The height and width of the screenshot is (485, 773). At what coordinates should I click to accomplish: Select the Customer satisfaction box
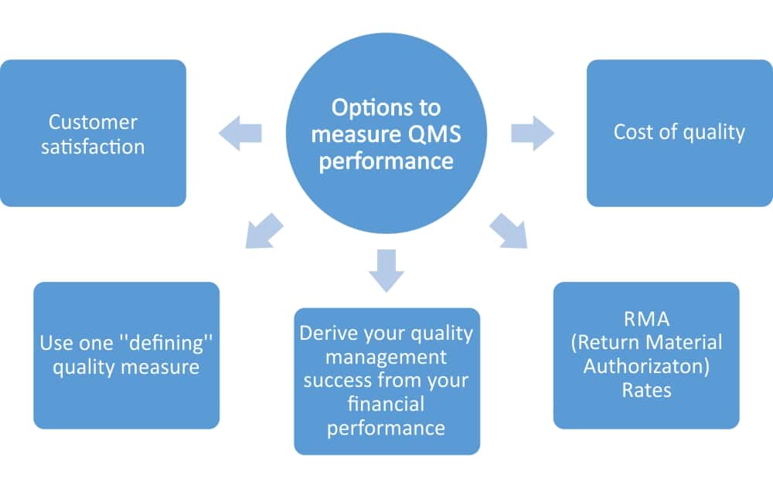coord(93,133)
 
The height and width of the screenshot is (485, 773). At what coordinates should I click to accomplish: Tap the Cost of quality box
coord(679,133)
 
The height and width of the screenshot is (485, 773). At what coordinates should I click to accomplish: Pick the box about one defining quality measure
coord(126,354)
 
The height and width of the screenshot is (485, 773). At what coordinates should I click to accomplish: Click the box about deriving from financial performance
coord(386,381)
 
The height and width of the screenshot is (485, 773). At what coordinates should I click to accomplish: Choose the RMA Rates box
coord(646,354)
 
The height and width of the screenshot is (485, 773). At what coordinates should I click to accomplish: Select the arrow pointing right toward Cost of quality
coord(533,134)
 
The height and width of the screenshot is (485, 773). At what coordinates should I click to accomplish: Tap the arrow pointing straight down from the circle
coord(386,270)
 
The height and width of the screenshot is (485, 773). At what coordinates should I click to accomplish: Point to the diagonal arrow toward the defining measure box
coord(264,232)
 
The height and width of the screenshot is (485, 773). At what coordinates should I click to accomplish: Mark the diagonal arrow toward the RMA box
coord(508,232)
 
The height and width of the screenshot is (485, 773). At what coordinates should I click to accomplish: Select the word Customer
coord(93,122)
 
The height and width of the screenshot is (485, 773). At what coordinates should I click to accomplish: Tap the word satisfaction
coord(94,147)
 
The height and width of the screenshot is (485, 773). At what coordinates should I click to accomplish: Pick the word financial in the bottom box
coord(386,404)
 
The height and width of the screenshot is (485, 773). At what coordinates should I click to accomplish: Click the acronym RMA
coord(646,318)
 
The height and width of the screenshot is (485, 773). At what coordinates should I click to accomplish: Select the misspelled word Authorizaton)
coord(646,366)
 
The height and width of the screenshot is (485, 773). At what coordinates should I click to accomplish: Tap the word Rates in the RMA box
coord(646,390)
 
